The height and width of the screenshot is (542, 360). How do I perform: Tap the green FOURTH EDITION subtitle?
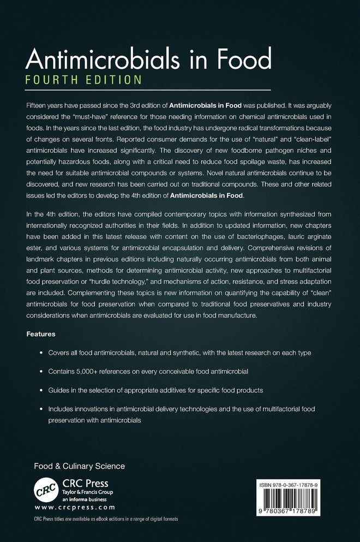point(83,80)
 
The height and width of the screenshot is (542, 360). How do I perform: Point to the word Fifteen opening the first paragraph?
point(38,103)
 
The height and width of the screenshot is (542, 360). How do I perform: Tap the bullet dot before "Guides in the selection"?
point(42,390)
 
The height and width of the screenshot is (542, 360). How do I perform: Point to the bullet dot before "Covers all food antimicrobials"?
point(42,353)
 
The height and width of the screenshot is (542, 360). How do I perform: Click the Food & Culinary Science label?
point(79,466)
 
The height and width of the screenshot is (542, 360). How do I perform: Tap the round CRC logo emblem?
point(46,488)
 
